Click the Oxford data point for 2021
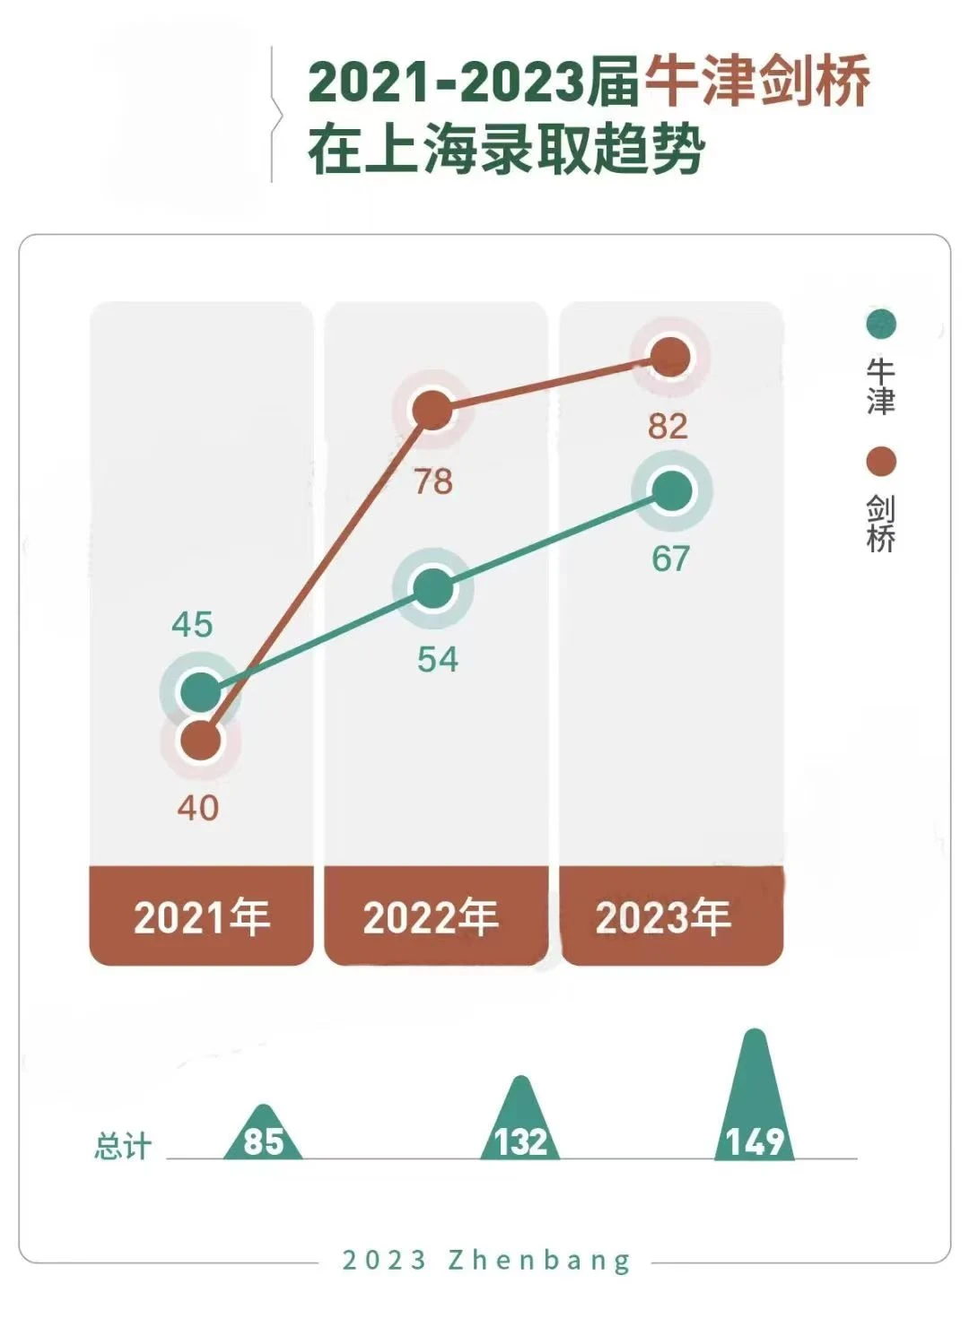coord(201,692)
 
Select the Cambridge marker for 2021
coord(201,742)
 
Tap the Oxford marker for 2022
coord(433,588)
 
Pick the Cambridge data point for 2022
coord(433,410)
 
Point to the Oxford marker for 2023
coord(672,490)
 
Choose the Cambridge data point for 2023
coord(670,357)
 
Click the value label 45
coord(192,624)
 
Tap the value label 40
coord(197,808)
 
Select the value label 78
coord(433,482)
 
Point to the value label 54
coord(438,660)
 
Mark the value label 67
coord(670,559)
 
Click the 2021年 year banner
coord(202,916)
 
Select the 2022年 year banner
coord(432,916)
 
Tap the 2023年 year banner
coord(664,916)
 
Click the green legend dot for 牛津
coord(881,324)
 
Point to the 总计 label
coord(123,1146)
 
